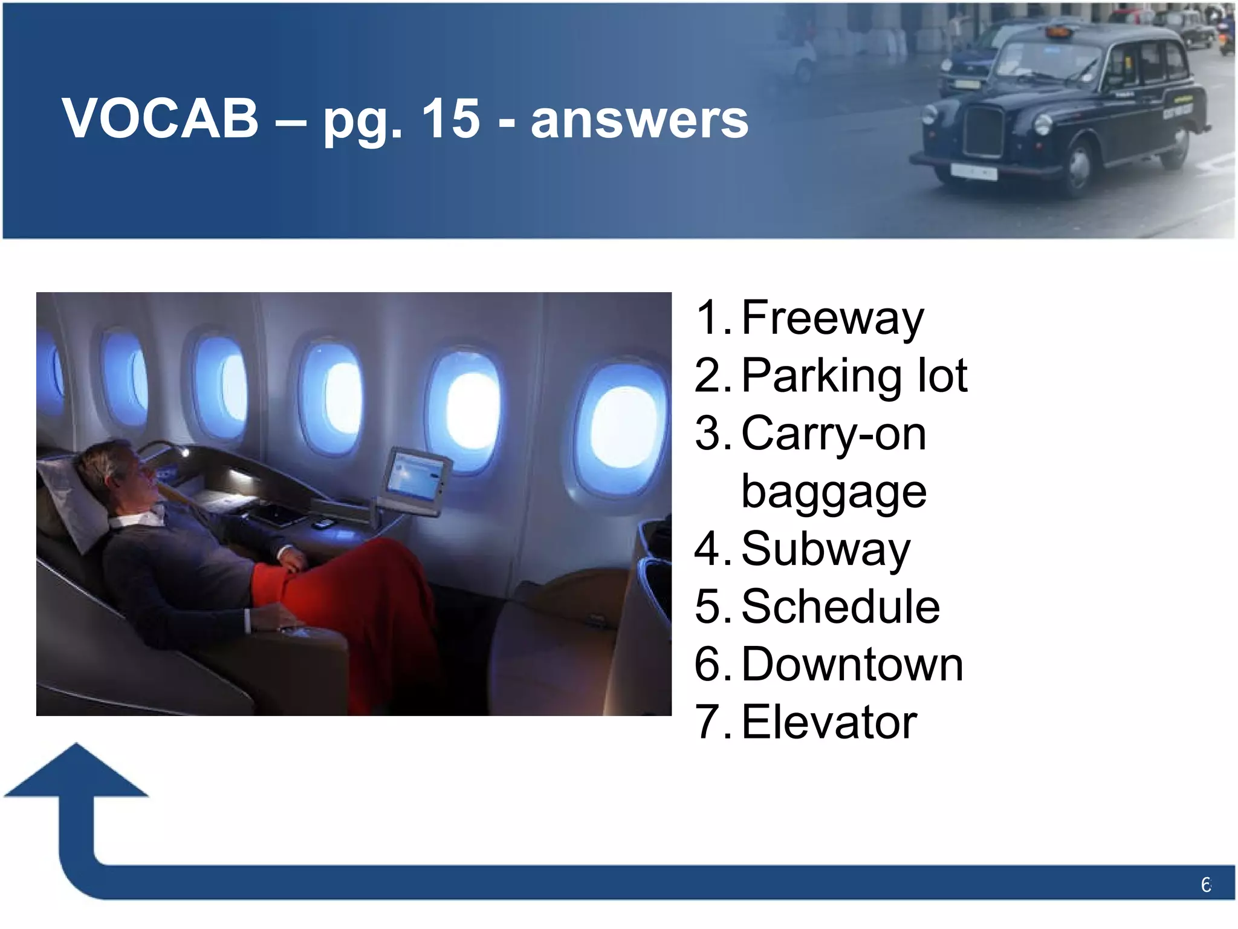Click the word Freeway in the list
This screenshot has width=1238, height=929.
832,319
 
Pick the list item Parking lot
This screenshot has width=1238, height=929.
854,376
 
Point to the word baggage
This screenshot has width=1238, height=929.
834,491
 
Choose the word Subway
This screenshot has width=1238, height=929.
826,549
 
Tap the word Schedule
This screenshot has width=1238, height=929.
840,607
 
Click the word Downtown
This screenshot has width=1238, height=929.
852,665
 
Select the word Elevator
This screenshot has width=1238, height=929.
829,722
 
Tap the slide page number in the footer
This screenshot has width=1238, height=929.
1205,885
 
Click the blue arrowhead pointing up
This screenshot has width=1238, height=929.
77,771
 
